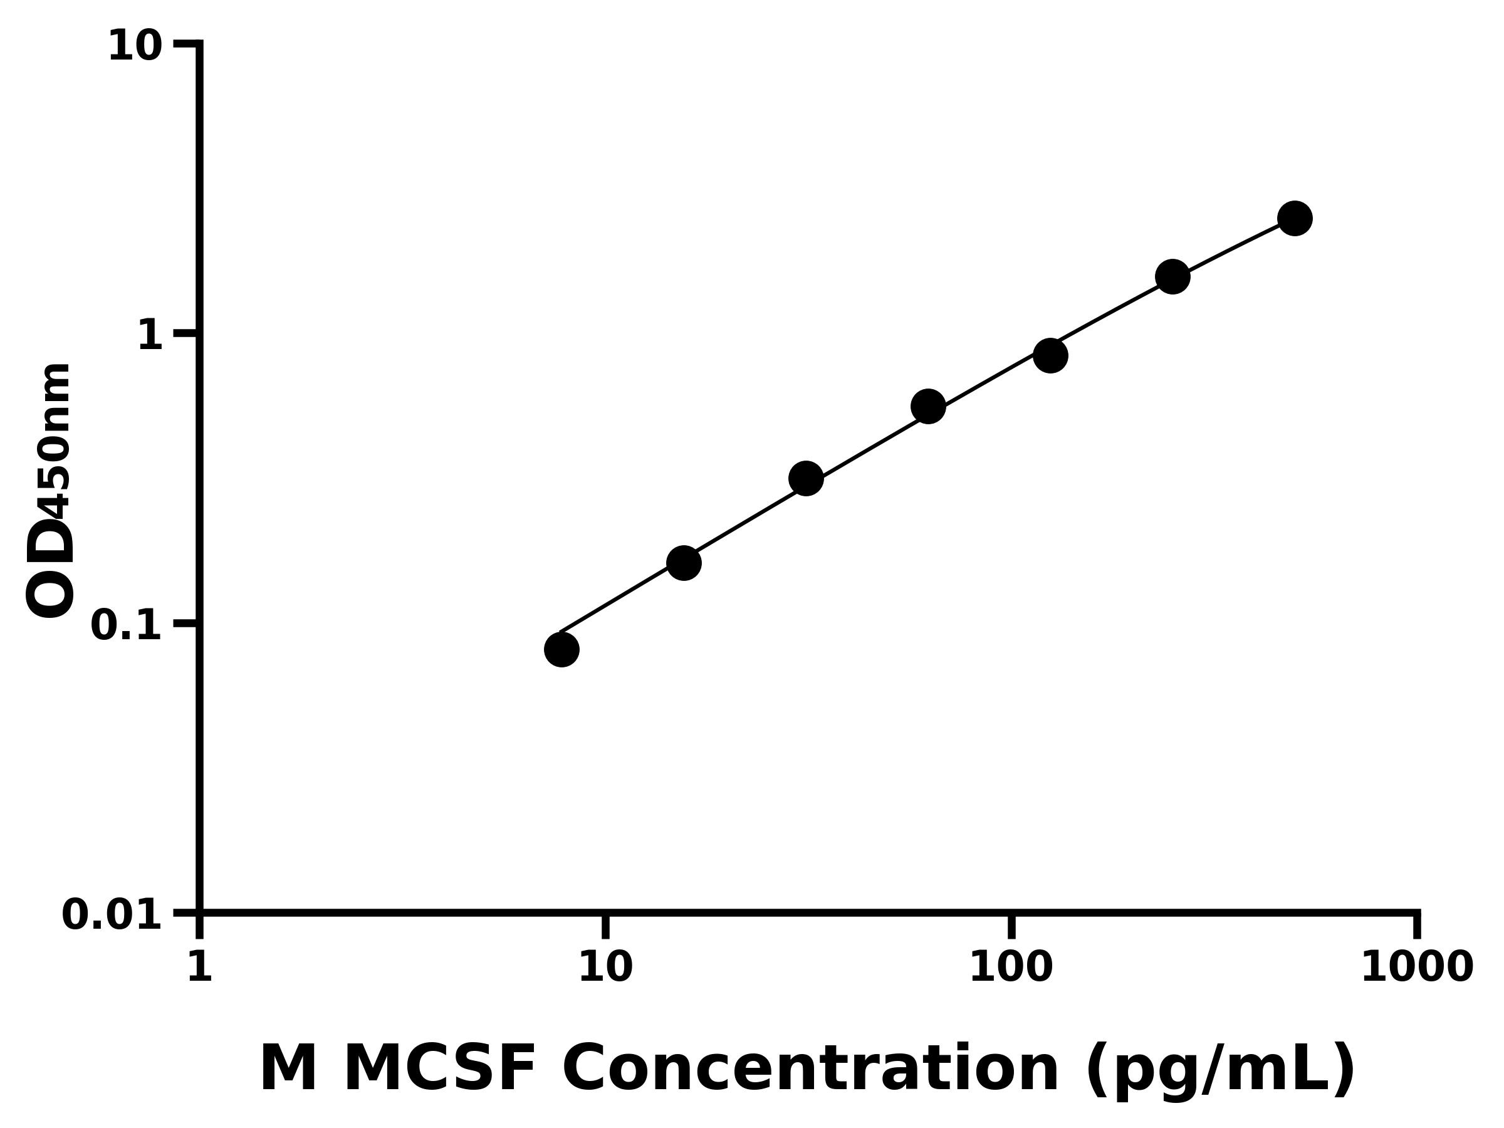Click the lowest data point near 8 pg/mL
pos(561,649)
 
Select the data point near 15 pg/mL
pos(683,563)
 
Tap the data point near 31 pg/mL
pos(806,479)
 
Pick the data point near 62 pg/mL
pos(928,407)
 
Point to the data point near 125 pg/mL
pos(1050,355)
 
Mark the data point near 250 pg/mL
pos(1172,277)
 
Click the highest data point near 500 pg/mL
pos(1295,218)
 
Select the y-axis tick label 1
pos(150,337)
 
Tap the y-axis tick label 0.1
pos(127,625)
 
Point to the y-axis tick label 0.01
pos(112,915)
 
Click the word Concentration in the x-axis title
pos(810,1070)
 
